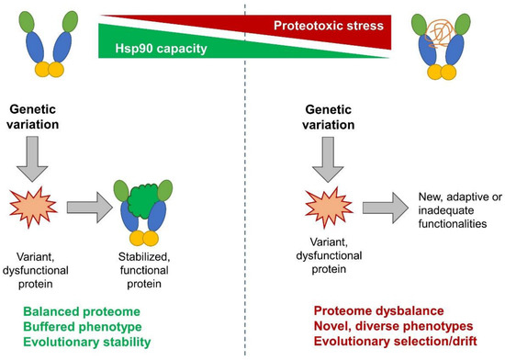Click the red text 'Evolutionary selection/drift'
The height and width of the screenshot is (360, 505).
coord(386,342)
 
